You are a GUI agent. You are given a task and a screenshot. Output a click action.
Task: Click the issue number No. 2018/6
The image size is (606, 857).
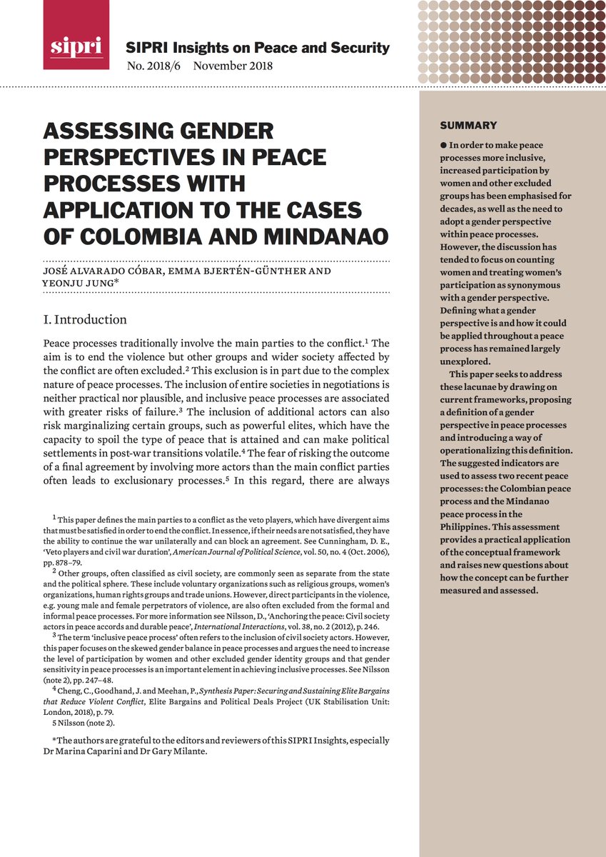pyautogui.click(x=153, y=66)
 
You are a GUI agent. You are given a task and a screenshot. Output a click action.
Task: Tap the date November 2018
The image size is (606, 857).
pyautogui.click(x=233, y=66)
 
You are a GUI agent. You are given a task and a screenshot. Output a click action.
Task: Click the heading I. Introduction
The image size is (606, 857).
pyautogui.click(x=85, y=319)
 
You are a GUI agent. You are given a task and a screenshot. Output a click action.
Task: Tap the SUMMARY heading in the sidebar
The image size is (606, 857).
pyautogui.click(x=468, y=126)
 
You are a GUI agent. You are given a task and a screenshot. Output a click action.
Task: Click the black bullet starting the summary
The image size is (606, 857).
pyautogui.click(x=443, y=145)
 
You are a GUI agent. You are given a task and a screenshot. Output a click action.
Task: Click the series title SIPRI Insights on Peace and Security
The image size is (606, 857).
pyautogui.click(x=257, y=48)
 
